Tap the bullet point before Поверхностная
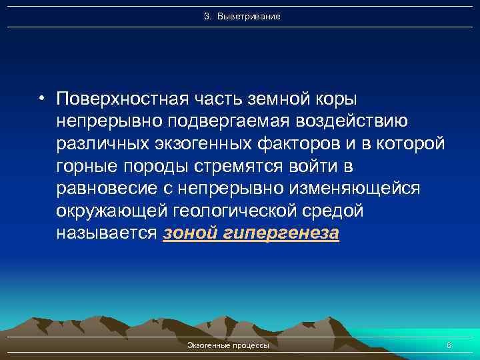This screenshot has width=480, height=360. tap(41, 99)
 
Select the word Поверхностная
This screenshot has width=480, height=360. tap(114, 99)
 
